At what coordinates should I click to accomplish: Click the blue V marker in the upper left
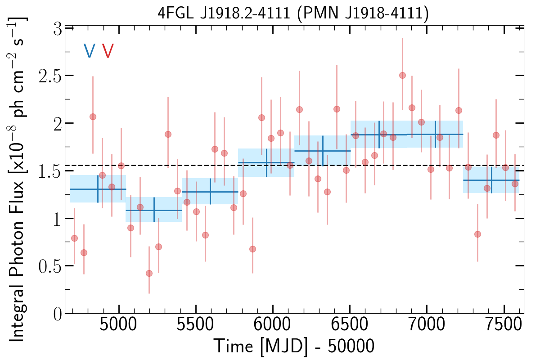(x=89, y=51)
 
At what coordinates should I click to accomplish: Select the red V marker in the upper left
(x=108, y=51)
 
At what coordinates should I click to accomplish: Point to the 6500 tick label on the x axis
(x=350, y=326)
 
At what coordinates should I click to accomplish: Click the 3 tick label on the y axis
(x=57, y=27)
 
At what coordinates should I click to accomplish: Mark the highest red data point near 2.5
(x=402, y=75)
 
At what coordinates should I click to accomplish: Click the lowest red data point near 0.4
(x=149, y=273)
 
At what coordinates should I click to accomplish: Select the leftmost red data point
(x=74, y=238)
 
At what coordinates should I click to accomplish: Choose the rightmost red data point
(x=515, y=184)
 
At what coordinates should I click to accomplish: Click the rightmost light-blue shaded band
(x=491, y=180)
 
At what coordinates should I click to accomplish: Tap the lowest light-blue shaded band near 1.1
(x=154, y=210)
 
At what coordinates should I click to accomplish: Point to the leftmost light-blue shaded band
(x=98, y=189)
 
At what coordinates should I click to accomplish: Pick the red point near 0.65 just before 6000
(x=252, y=249)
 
